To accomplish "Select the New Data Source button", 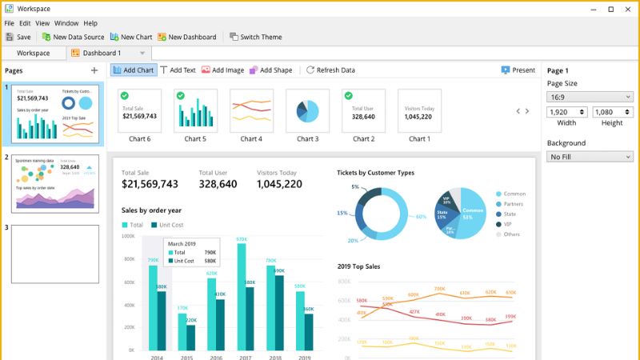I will click(73, 37).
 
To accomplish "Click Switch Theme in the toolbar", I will click(256, 37).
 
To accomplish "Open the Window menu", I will click(66, 23).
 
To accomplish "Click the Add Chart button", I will click(133, 70).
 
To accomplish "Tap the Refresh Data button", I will click(330, 70).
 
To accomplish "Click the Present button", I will click(518, 70).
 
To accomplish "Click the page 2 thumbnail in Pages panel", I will click(55, 183).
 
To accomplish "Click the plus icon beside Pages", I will click(94, 70).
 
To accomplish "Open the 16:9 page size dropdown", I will click(590, 96).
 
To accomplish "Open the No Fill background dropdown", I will click(590, 157).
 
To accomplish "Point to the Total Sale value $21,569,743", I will click(150, 184).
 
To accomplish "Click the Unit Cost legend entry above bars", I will click(167, 225).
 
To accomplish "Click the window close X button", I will click(629, 9).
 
